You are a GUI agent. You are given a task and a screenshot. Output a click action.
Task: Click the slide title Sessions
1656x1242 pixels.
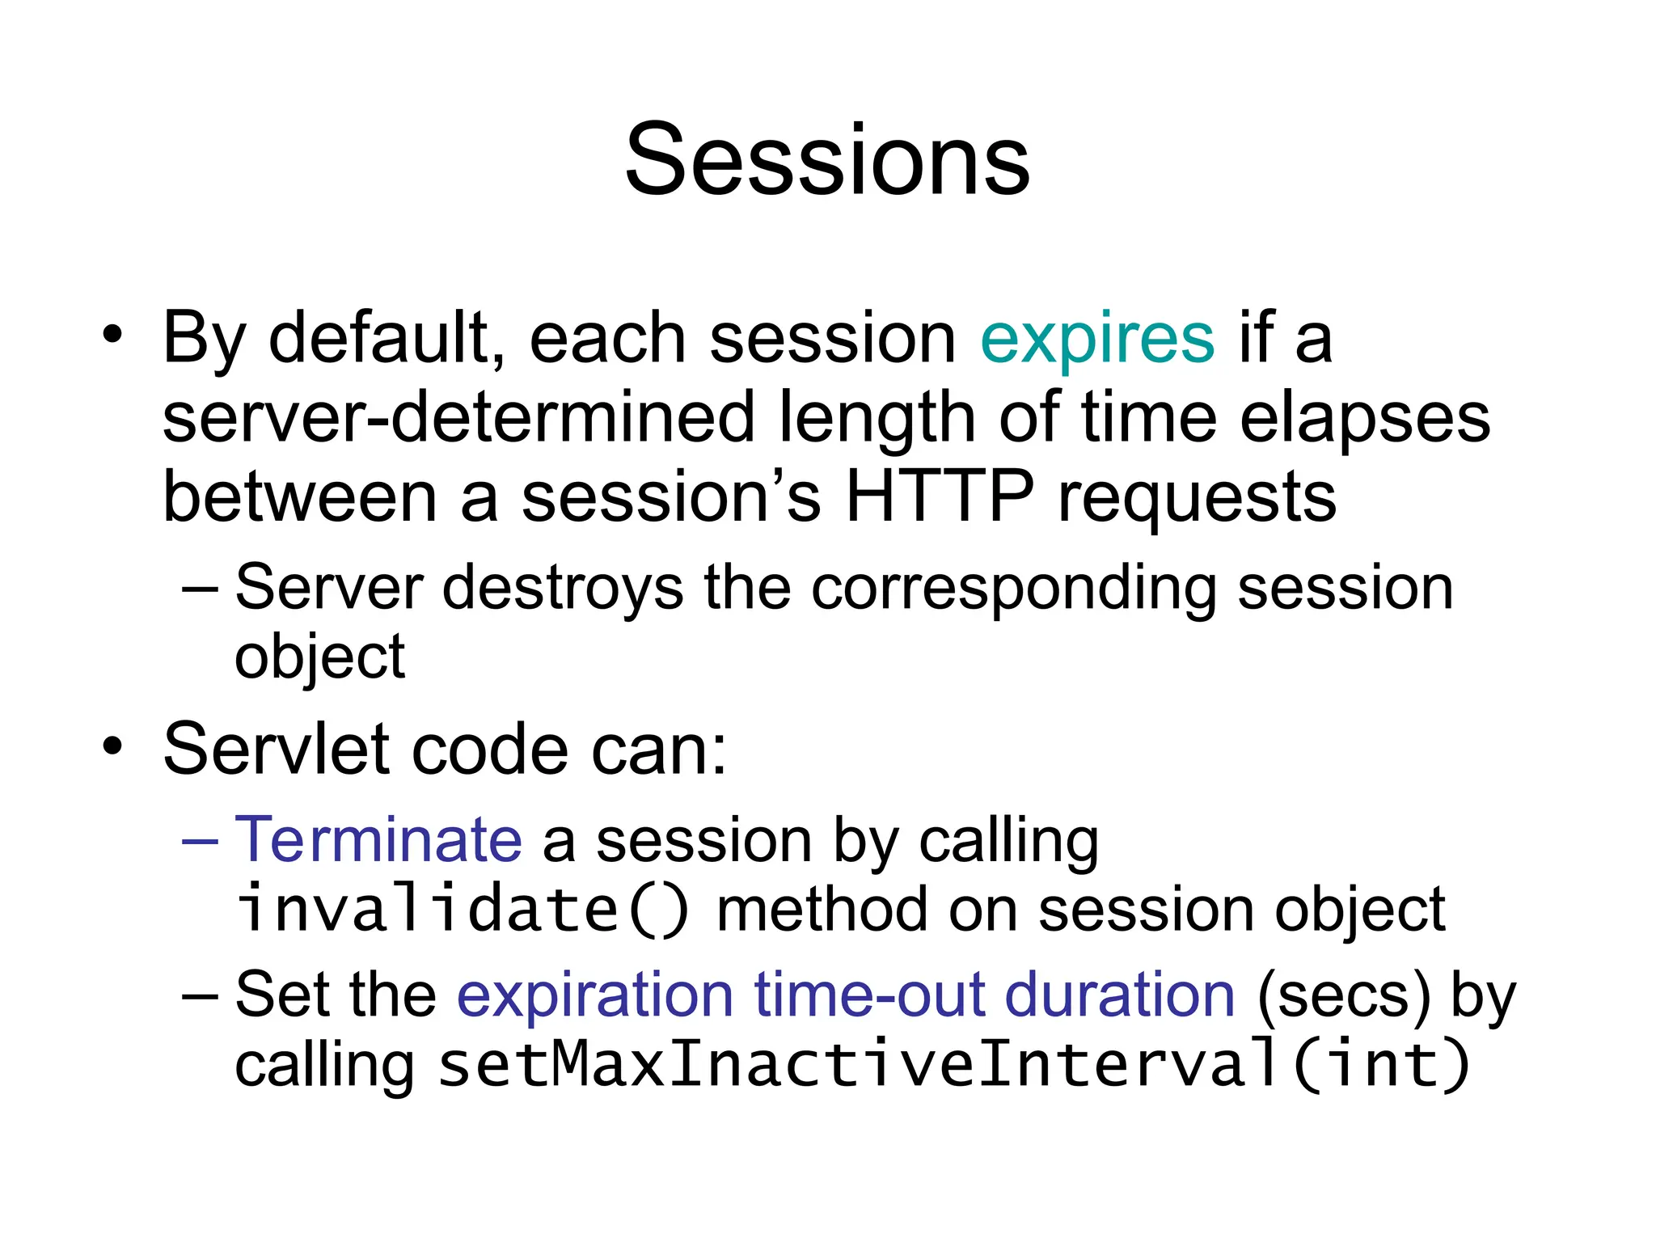(827, 159)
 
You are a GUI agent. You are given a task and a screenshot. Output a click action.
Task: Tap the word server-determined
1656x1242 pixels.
(458, 418)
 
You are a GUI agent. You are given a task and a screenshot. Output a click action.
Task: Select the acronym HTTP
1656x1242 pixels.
(939, 496)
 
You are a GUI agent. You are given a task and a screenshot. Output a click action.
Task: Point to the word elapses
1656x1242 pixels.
(1365, 420)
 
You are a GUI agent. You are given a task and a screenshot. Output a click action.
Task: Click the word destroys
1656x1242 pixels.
(563, 589)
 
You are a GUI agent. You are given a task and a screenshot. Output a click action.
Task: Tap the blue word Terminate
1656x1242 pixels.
(378, 840)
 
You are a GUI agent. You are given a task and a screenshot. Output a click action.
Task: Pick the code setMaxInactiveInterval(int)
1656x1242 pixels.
(953, 1065)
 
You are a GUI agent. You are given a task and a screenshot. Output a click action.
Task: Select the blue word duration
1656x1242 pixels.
(1119, 995)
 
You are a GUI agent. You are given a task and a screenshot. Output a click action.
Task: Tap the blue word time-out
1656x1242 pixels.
(869, 995)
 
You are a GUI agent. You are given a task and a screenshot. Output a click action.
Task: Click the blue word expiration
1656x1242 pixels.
(595, 996)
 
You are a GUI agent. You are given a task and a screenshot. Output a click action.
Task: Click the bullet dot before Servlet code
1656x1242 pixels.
(112, 746)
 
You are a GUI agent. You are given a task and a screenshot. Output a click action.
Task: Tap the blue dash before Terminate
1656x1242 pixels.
(200, 842)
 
